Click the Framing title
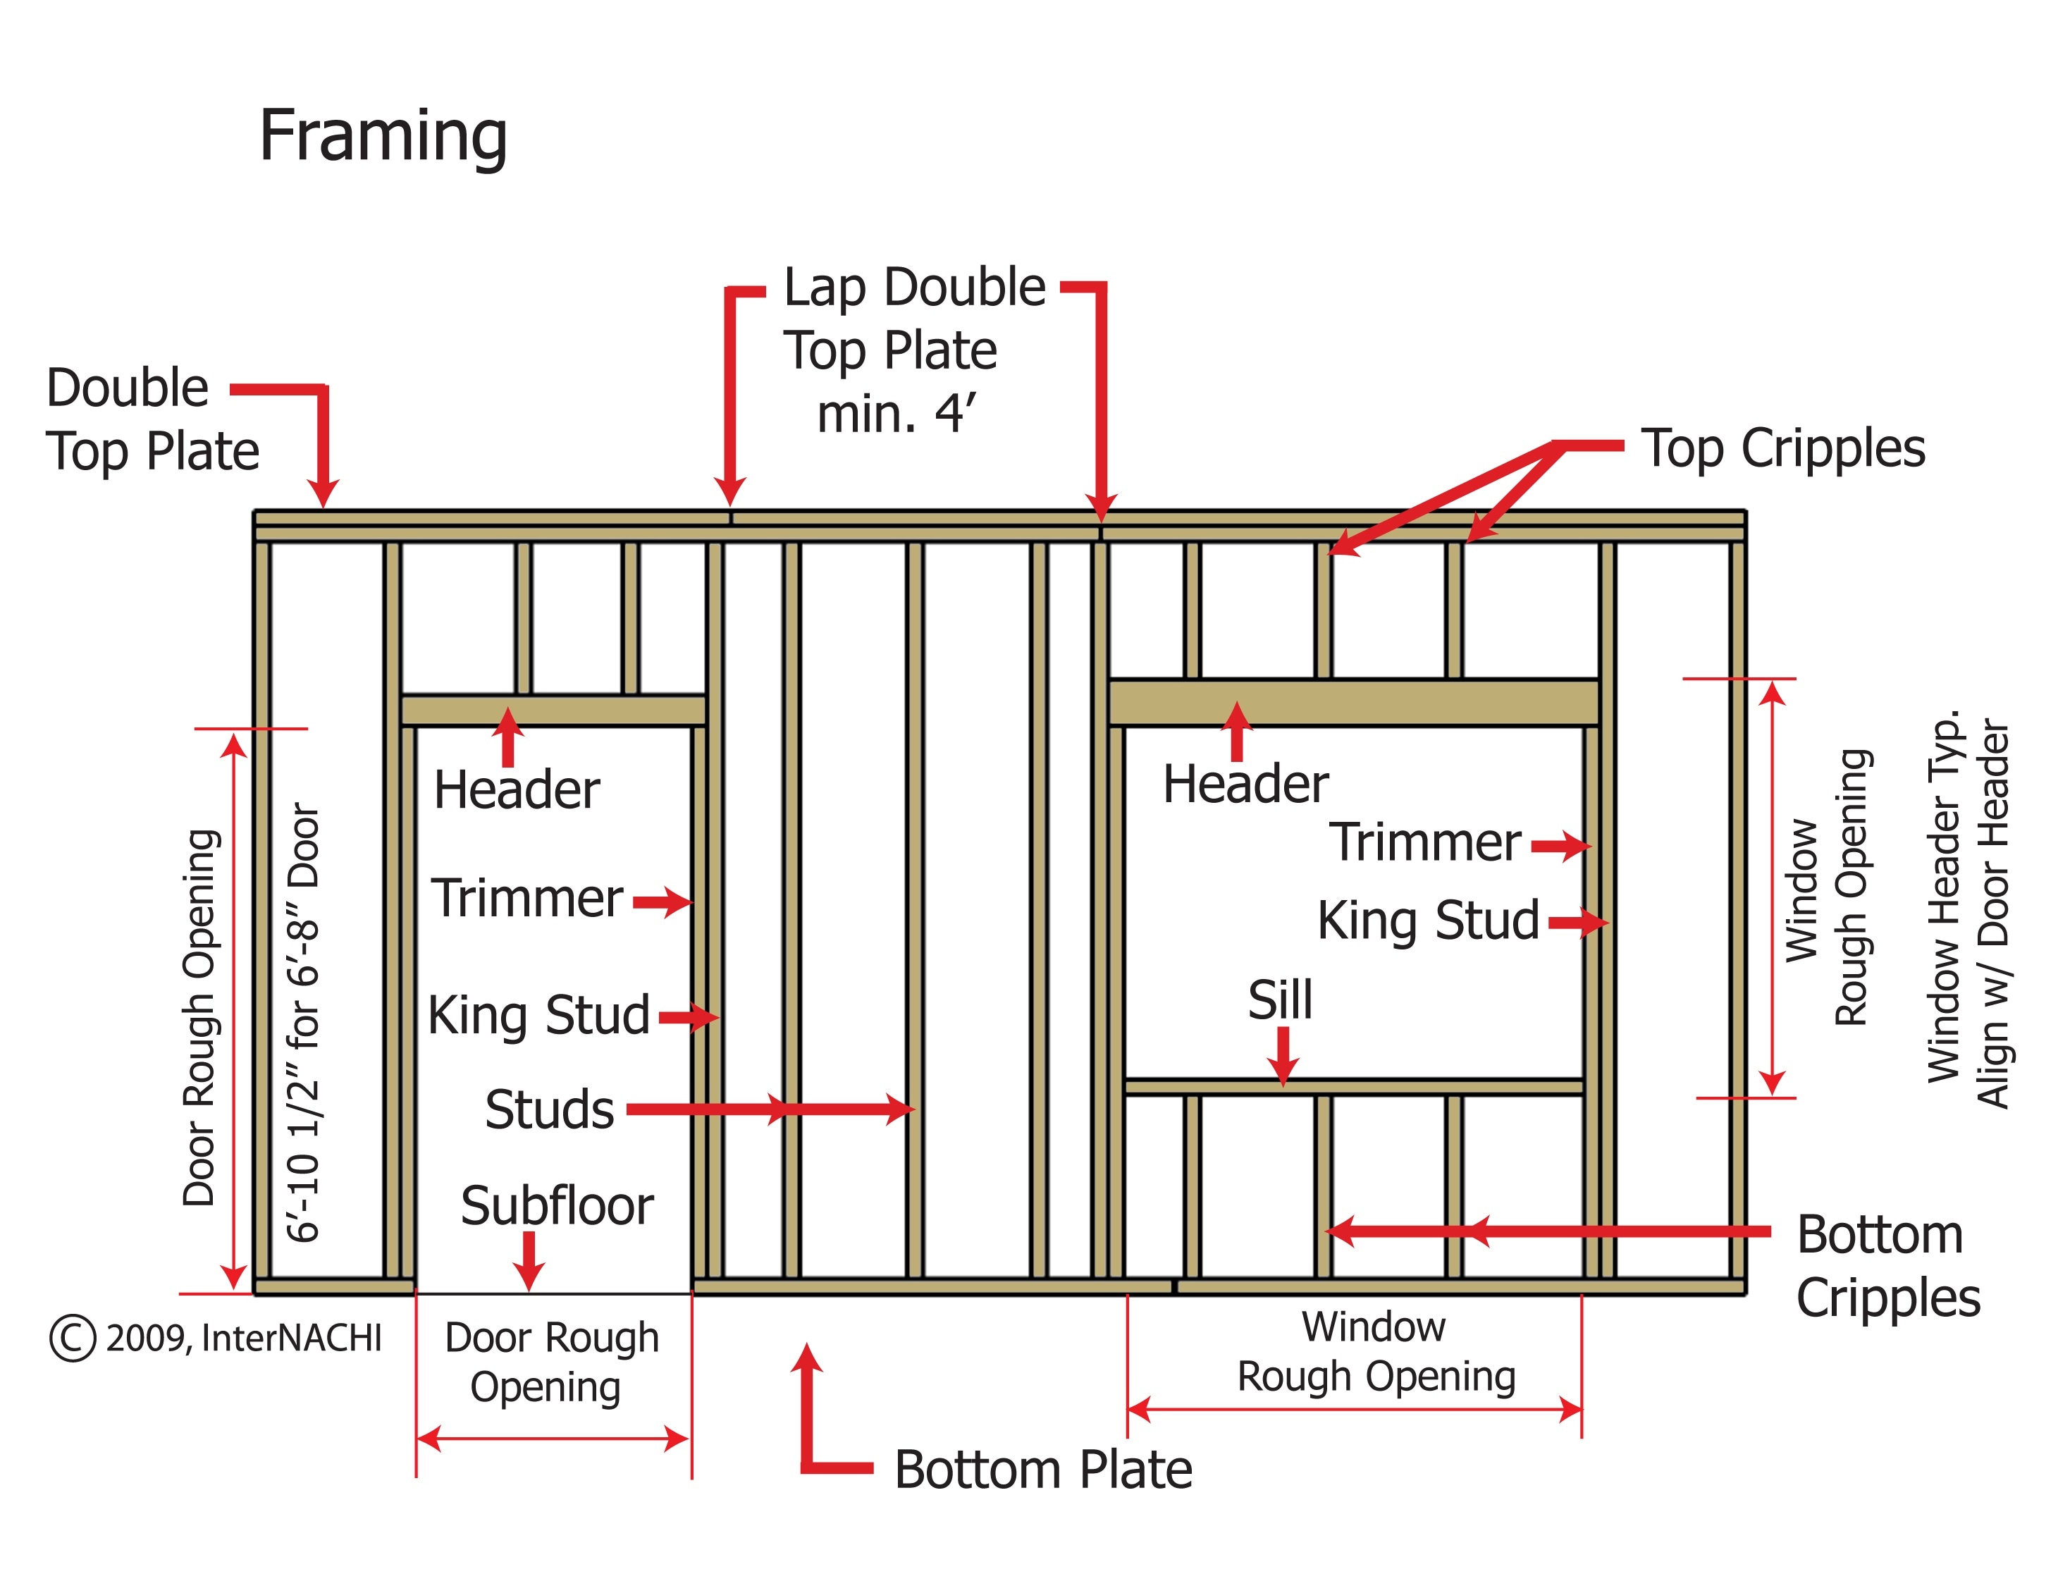[x=383, y=137]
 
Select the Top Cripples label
[x=1782, y=449]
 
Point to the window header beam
[x=1353, y=703]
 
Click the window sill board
[x=1353, y=1087]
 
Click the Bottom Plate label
[x=1042, y=1470]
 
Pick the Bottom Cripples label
[x=1887, y=1266]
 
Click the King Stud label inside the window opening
[x=1427, y=921]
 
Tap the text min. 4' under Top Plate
[x=896, y=414]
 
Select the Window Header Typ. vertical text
[x=1942, y=896]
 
